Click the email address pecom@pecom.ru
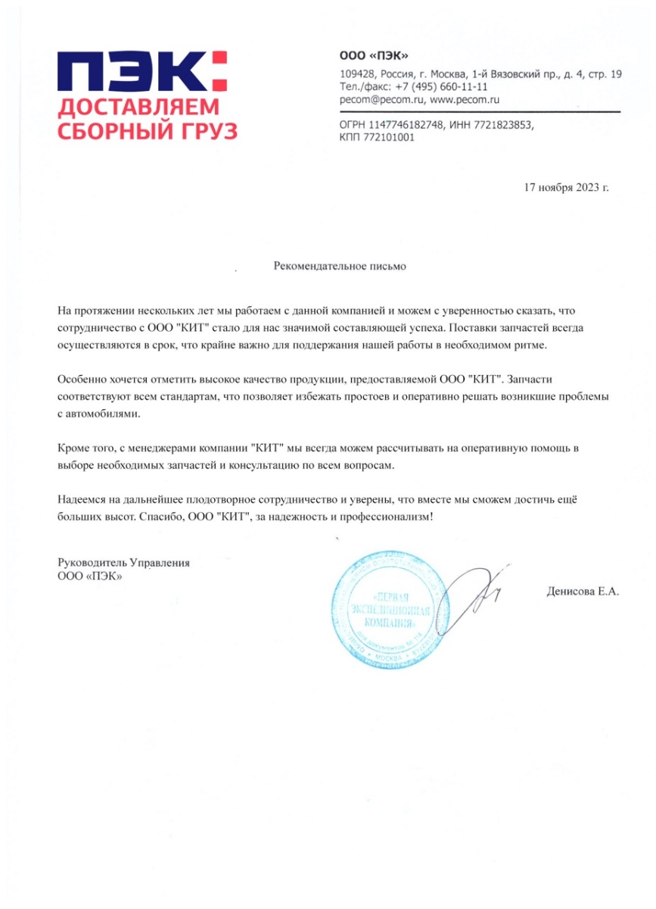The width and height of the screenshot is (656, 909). [x=382, y=99]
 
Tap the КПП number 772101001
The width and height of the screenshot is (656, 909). [x=389, y=138]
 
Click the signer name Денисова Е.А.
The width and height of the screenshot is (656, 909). [x=582, y=591]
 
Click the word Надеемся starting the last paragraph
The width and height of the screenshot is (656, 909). [x=82, y=499]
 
